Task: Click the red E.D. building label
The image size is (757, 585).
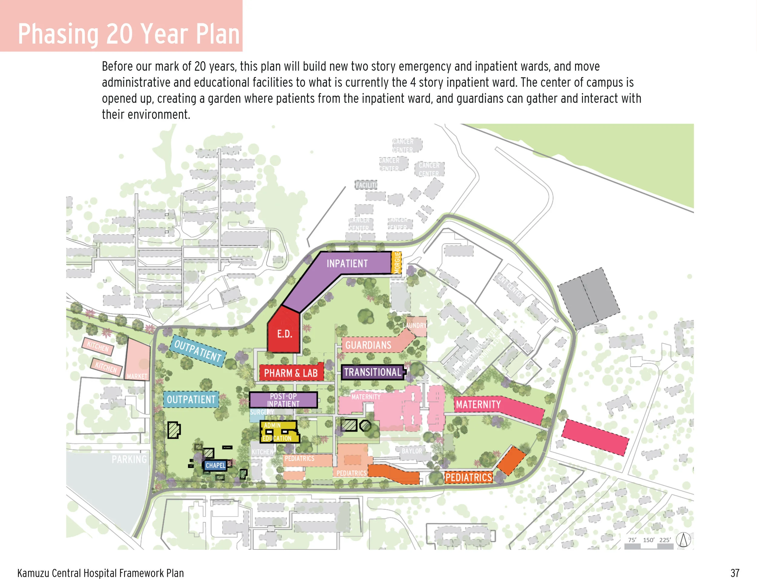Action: click(x=284, y=334)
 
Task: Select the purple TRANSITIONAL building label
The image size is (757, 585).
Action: click(x=373, y=372)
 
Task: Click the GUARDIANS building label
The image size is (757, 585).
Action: click(x=368, y=345)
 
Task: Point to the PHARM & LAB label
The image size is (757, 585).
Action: click(x=291, y=373)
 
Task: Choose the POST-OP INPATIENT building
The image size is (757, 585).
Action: click(x=283, y=400)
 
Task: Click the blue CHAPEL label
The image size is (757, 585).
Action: click(x=215, y=465)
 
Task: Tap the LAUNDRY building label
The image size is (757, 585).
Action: click(x=415, y=326)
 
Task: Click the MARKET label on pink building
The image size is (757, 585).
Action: click(x=137, y=376)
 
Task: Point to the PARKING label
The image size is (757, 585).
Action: click(x=129, y=460)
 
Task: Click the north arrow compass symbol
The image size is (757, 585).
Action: click(x=683, y=540)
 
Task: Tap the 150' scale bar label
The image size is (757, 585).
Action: click(x=648, y=540)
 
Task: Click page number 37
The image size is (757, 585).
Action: click(x=735, y=573)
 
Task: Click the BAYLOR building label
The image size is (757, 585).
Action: click(x=412, y=451)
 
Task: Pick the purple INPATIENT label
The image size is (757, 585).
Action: click(x=347, y=264)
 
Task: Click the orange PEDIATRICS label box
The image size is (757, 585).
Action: click(x=469, y=478)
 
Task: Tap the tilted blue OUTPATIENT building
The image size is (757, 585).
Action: click(x=197, y=350)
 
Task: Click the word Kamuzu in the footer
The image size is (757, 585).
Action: click(x=33, y=573)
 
